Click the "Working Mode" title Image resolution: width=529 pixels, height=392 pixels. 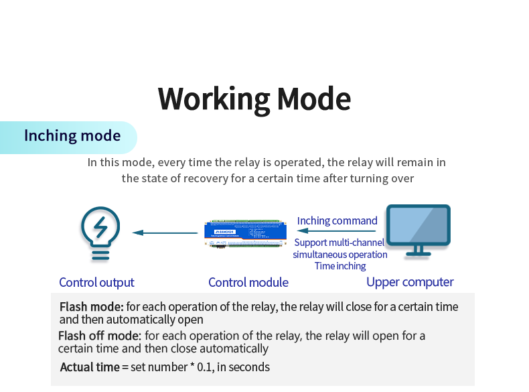254,99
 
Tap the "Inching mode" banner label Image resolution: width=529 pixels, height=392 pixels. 72,136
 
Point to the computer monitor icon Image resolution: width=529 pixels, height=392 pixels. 419,226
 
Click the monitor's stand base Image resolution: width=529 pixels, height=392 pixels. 419,254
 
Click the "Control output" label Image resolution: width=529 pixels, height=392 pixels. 96,283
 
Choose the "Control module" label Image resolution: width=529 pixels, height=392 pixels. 248,283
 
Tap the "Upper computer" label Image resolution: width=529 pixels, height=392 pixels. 410,282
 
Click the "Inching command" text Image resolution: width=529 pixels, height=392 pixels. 337,220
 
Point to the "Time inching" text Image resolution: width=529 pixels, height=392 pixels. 340,266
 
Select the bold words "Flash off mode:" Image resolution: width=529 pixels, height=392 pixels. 100,336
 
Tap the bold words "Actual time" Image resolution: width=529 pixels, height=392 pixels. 90,367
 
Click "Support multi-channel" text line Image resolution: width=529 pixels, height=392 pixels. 339,243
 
